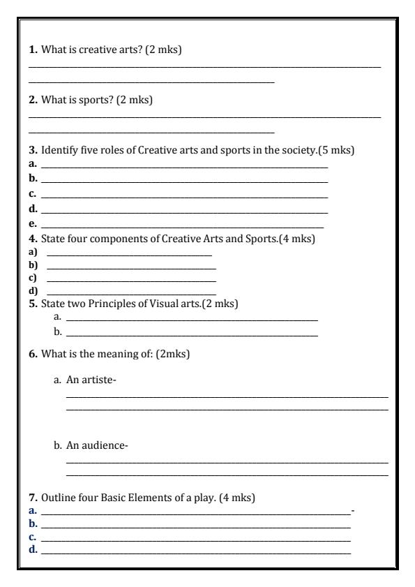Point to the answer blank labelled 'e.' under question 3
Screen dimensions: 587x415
pyautogui.click(x=182, y=225)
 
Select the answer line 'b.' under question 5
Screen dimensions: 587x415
pyautogui.click(x=191, y=332)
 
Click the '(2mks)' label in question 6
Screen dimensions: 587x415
pyautogui.click(x=174, y=354)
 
